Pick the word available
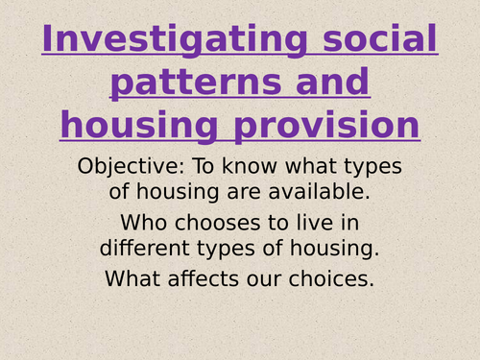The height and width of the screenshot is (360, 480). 335,191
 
